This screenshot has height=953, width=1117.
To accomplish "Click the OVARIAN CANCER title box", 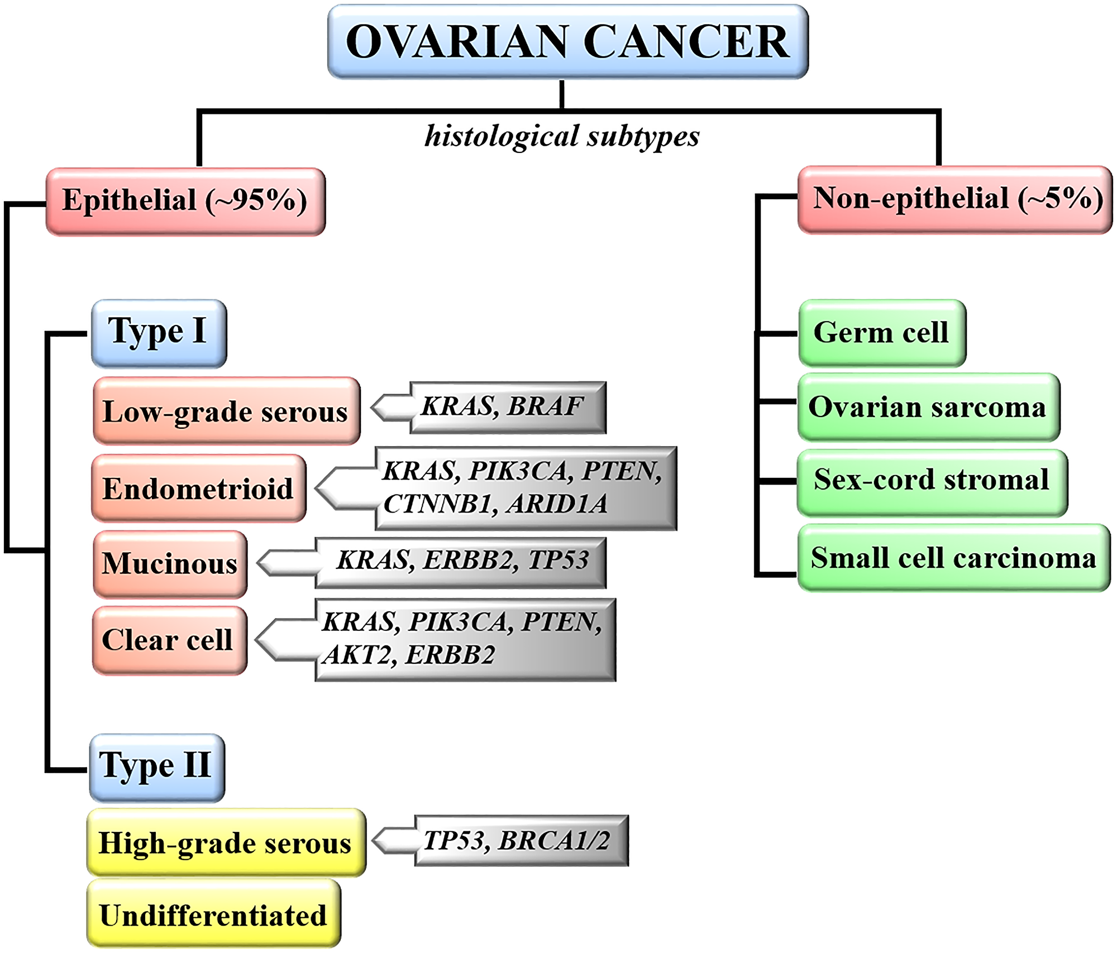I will (567, 42).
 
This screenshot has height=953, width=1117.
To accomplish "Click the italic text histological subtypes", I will (562, 136).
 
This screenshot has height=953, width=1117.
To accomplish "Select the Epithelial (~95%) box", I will (185, 201).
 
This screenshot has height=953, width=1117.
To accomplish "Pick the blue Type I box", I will (159, 333).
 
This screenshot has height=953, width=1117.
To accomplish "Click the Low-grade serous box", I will (226, 411).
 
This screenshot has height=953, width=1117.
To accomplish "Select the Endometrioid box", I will (198, 489).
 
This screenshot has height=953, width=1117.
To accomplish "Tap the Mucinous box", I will (170, 564).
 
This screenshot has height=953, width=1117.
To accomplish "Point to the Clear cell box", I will (169, 640).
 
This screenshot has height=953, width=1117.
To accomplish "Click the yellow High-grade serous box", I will (226, 842).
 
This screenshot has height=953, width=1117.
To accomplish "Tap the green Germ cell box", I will (881, 333).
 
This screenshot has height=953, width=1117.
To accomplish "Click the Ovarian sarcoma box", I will (928, 407).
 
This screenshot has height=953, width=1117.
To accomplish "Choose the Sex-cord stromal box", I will (932, 480).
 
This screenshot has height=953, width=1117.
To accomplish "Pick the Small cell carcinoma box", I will (953, 558).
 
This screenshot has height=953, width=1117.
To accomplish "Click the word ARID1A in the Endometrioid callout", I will (557, 504).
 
